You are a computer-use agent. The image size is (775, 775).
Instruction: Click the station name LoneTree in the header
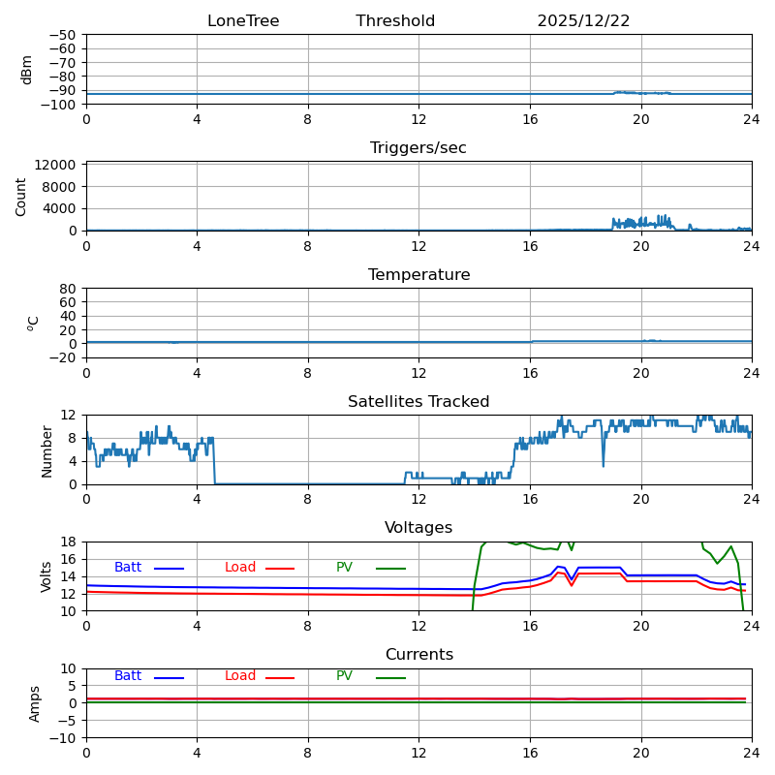tap(243, 21)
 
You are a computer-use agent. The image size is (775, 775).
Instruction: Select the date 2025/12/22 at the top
tap(583, 21)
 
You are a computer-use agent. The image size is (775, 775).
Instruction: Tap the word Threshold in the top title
tap(395, 21)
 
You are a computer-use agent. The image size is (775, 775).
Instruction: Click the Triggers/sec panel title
tap(418, 148)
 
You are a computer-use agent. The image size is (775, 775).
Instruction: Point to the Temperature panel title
tap(418, 275)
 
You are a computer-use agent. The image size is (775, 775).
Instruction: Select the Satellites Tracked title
tap(418, 402)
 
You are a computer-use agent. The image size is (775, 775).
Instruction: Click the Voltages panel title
tap(418, 528)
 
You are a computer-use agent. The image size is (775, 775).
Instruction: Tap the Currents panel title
tap(418, 655)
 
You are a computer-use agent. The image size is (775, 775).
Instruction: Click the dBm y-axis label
tap(27, 70)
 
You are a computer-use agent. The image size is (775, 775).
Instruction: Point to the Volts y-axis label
tap(46, 576)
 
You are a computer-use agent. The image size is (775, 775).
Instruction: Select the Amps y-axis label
tap(35, 703)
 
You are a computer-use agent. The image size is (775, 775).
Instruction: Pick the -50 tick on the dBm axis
tap(64, 35)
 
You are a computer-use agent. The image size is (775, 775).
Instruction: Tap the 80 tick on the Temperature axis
tap(69, 289)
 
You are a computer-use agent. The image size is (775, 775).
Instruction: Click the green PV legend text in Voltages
tap(344, 568)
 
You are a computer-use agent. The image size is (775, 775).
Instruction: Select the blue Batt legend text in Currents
tap(128, 676)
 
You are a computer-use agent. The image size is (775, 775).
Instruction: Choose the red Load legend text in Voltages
tap(240, 568)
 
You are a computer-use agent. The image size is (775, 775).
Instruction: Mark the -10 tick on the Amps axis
tap(64, 738)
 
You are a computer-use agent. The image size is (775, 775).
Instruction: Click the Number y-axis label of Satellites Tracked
tap(46, 450)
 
